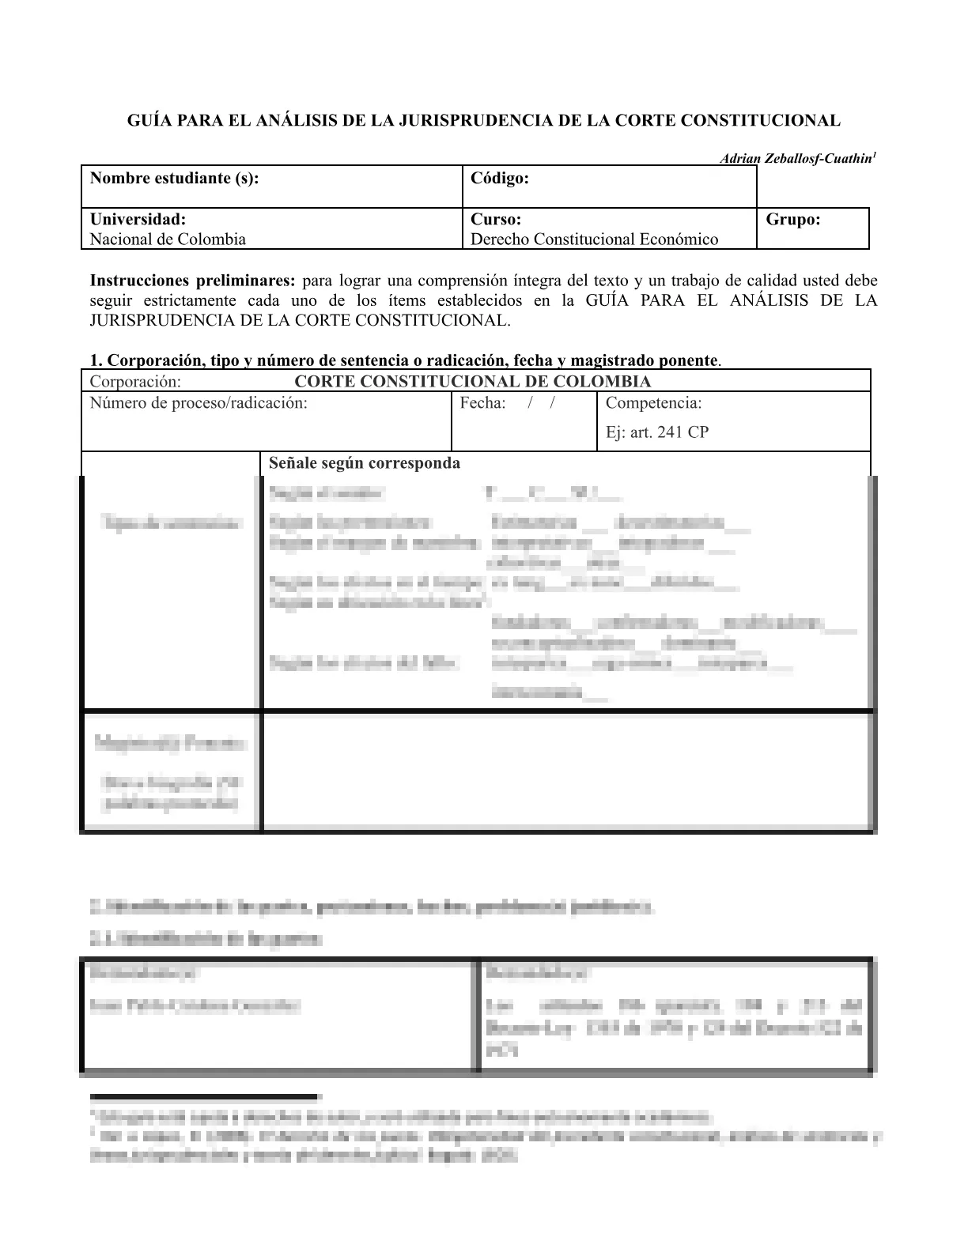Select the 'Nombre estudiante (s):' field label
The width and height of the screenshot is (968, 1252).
coord(174,179)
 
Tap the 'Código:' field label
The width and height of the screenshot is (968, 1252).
coord(500,179)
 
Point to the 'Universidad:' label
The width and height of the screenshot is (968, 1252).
coord(138,220)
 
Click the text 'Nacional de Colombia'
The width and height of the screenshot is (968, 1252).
coord(168,239)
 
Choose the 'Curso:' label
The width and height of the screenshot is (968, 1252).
coord(496,220)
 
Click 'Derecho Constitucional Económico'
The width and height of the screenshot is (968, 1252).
coord(594,239)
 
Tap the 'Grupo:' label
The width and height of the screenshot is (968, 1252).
coord(793,220)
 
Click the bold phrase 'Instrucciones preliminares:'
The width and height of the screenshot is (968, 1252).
coord(193,281)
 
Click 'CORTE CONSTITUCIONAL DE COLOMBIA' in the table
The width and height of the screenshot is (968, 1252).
coord(472,382)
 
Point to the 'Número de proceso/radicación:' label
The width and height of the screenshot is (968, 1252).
coord(199,403)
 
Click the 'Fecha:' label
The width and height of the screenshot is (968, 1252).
coord(482,403)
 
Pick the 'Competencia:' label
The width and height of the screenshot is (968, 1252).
coord(653,403)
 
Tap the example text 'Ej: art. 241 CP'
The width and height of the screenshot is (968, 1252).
coord(656,432)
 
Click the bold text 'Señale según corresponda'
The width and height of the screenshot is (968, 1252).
coord(364,463)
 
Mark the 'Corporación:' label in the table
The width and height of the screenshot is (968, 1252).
coord(135,382)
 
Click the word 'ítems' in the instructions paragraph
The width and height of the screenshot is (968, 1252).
coord(406,301)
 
